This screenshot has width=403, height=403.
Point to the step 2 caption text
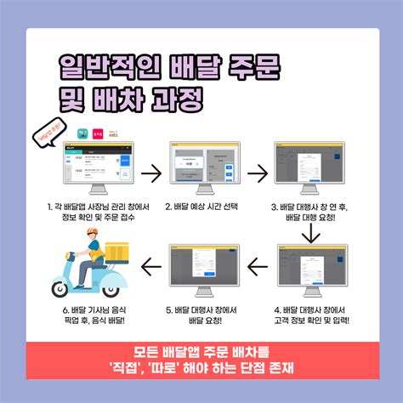201,207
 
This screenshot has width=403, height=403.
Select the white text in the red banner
201,358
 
